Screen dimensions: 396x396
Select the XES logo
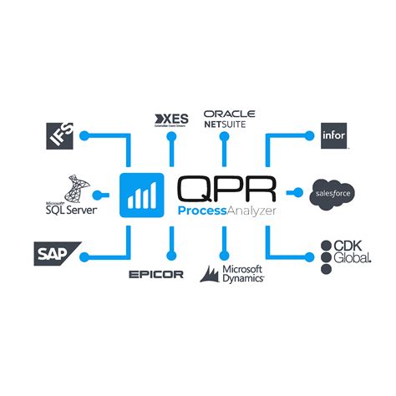tap(173, 119)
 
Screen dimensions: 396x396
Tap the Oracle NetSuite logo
tap(229, 119)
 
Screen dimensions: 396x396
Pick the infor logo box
tap(334, 135)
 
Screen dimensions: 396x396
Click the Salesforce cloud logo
tap(333, 194)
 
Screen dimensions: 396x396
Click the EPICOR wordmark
tap(156, 274)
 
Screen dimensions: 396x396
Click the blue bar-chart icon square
tap(141, 194)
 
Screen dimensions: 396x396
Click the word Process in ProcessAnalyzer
tap(198, 212)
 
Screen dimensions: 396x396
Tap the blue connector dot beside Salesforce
tap(298, 194)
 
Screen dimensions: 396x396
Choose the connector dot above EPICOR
tap(171, 252)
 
